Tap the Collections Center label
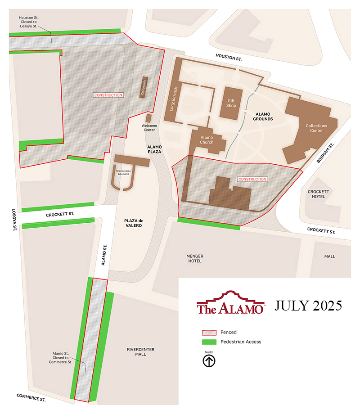[x=316, y=128]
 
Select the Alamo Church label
[x=207, y=140]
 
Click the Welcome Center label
[x=148, y=128]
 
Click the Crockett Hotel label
[x=319, y=194]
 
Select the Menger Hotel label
[x=195, y=259]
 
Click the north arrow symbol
[x=209, y=360]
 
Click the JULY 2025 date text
[x=308, y=306]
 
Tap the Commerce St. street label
[x=31, y=397]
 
